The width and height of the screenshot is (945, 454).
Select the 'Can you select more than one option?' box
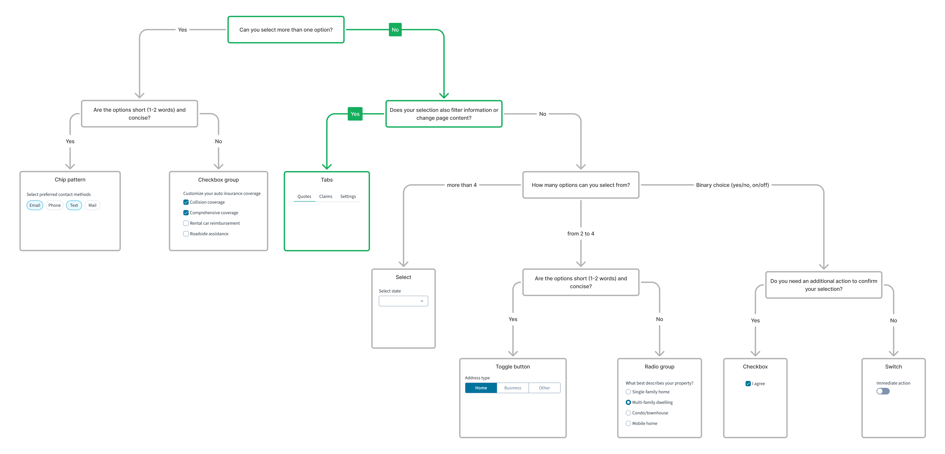286,30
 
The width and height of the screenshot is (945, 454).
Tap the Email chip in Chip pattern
35,205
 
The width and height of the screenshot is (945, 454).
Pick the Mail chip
92,205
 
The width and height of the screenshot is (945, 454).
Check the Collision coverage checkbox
186,202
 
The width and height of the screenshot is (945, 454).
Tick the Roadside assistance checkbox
186,234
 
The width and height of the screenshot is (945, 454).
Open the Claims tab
325,197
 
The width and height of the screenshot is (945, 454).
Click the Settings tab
348,197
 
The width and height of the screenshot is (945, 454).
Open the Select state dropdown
403,301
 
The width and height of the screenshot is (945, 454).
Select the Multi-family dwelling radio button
628,402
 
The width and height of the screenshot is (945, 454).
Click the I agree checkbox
748,384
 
